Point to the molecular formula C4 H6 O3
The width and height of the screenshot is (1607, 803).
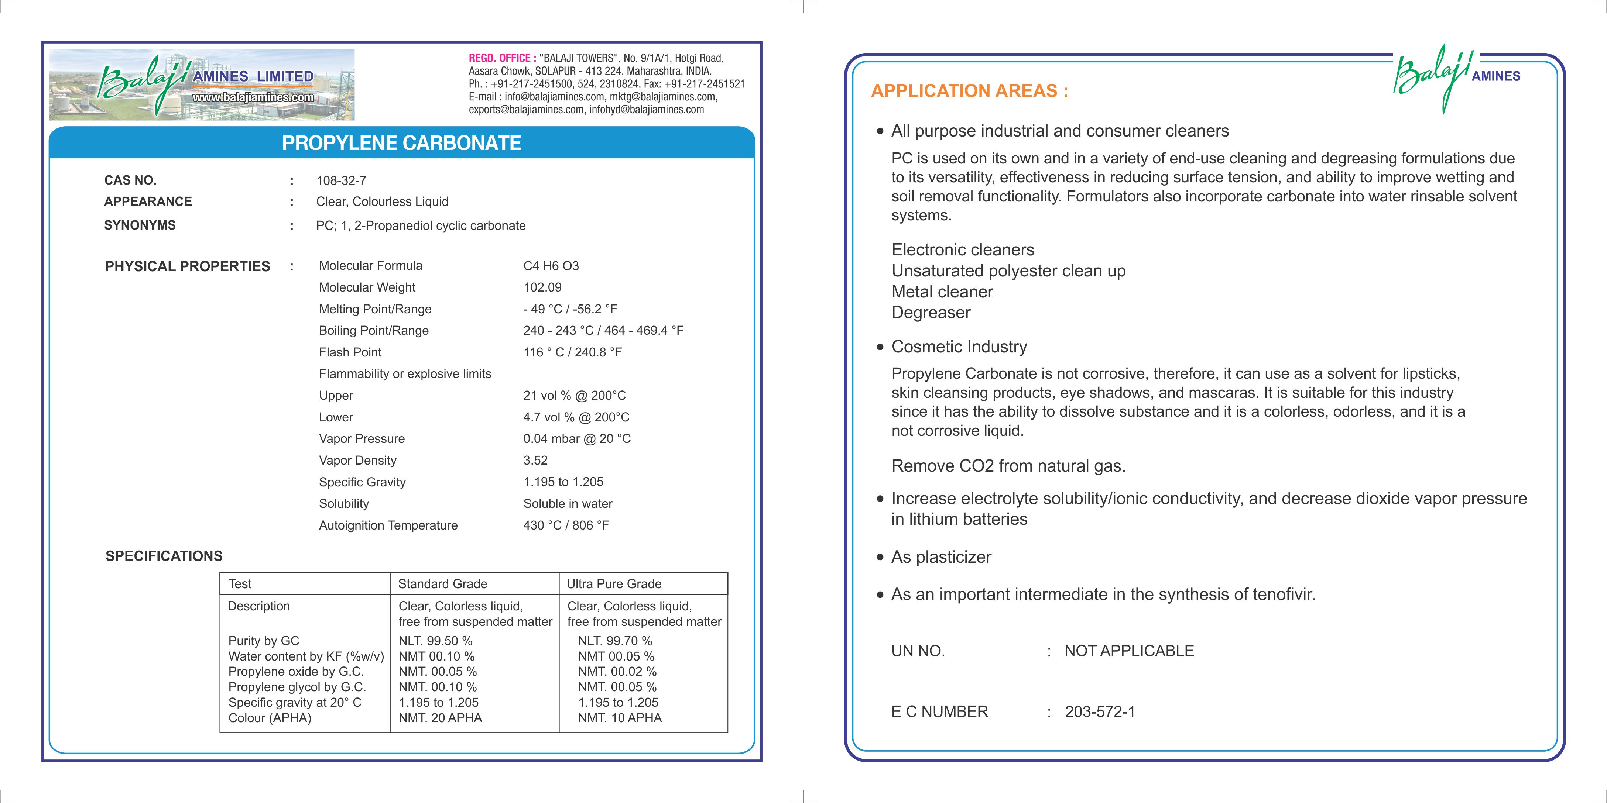click(551, 266)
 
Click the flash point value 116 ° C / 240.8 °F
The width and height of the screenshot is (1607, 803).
click(572, 352)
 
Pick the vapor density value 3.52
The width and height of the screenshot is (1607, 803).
click(535, 461)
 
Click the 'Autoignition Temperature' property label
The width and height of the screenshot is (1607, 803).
click(388, 525)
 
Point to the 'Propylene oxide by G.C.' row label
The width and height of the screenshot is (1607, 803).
click(296, 672)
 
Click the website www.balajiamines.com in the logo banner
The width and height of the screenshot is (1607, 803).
click(253, 97)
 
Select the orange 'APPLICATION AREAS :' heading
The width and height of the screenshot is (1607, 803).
click(969, 91)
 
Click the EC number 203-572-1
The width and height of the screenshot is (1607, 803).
click(1100, 712)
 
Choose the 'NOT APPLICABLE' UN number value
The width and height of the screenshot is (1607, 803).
click(1128, 651)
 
